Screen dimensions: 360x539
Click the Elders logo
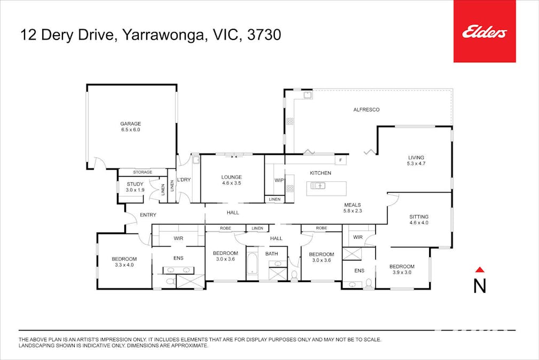[x=484, y=33]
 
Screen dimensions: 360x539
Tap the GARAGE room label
[x=130, y=124]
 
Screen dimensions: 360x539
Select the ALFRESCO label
[x=366, y=109]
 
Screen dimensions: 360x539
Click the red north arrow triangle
[x=479, y=270]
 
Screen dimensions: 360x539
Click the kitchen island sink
[x=318, y=186]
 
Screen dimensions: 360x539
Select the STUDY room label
[x=135, y=184]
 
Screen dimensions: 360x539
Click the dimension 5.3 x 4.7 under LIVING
[x=416, y=164]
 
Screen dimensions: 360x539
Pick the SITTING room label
[x=419, y=217]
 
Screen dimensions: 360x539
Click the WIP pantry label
[x=279, y=180]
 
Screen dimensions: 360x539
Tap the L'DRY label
[x=184, y=180]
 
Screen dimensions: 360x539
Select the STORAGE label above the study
[x=142, y=172]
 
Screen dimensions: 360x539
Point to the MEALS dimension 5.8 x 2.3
[x=352, y=211]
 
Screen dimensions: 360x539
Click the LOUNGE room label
[x=232, y=177]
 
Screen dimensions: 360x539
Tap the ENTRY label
[x=148, y=214]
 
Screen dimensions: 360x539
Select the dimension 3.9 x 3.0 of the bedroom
[x=401, y=273]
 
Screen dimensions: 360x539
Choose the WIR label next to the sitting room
[x=358, y=237]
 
